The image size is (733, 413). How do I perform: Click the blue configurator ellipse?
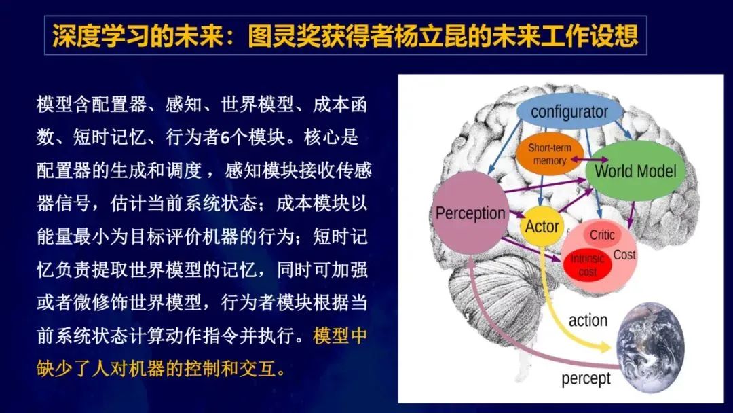[x=569, y=112]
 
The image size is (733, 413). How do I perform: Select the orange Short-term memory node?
[x=550, y=154]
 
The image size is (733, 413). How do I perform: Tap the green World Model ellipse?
[x=635, y=170]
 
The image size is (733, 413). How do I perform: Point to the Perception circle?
[x=470, y=213]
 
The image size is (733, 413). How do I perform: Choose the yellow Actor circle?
[x=542, y=226]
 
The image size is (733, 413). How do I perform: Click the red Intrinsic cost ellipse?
[x=587, y=265]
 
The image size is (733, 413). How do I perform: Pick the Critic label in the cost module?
[x=602, y=235]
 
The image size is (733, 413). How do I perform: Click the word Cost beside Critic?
[x=624, y=255]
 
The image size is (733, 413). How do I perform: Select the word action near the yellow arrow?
[x=588, y=320]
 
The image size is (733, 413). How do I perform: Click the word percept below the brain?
[x=586, y=378]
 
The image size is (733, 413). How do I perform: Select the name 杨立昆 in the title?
[x=381, y=35]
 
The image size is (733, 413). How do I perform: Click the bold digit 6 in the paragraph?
[x=225, y=138]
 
